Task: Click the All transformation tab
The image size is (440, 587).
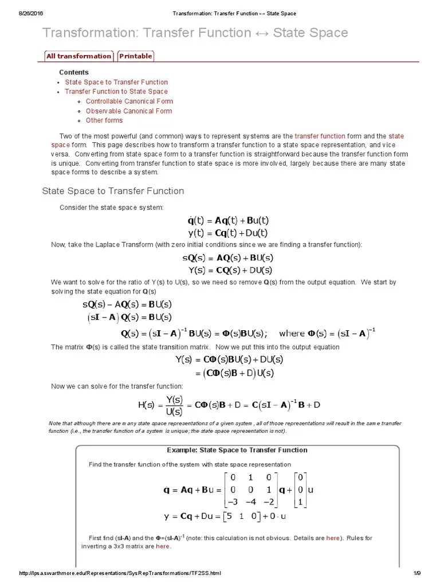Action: click(x=78, y=56)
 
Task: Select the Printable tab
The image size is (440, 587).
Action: click(x=136, y=56)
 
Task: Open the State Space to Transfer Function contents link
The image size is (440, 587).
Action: click(x=116, y=82)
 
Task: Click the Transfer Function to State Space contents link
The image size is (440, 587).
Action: click(x=116, y=92)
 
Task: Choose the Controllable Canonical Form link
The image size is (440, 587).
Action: click(x=129, y=101)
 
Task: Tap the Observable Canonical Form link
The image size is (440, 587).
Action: click(x=128, y=111)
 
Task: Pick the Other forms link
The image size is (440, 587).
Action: click(x=104, y=120)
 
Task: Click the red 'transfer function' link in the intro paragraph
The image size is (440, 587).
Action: click(x=320, y=136)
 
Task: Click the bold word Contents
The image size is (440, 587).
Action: click(x=74, y=72)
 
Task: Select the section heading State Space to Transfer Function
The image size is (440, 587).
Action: click(x=113, y=191)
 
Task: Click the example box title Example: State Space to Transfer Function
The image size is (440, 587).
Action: click(x=237, y=450)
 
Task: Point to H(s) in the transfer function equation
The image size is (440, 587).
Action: click(x=151, y=405)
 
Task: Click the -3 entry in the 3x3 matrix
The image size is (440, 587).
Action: click(x=233, y=502)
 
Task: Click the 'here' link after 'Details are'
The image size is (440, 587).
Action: click(x=333, y=538)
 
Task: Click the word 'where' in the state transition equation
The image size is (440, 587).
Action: click(x=292, y=334)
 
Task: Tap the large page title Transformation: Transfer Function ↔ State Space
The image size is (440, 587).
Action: click(x=195, y=33)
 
